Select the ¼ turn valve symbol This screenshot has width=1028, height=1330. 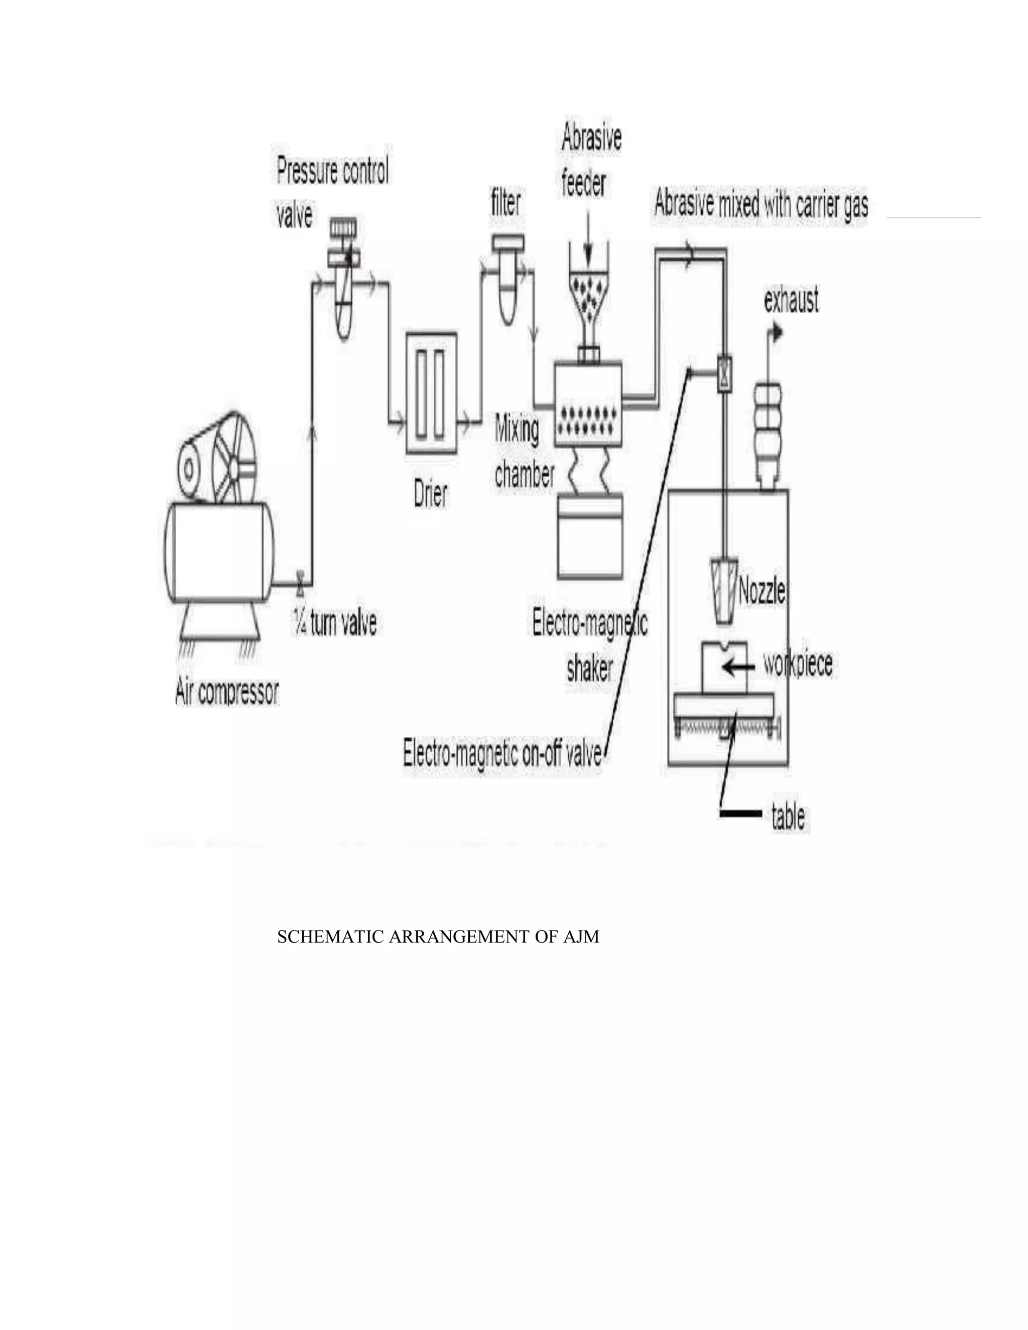300,582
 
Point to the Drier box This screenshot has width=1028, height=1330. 431,393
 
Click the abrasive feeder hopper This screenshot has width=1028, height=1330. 588,292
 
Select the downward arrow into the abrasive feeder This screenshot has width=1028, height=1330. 588,237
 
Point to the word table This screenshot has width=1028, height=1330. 788,817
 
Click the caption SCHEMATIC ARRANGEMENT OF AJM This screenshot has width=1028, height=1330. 438,937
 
